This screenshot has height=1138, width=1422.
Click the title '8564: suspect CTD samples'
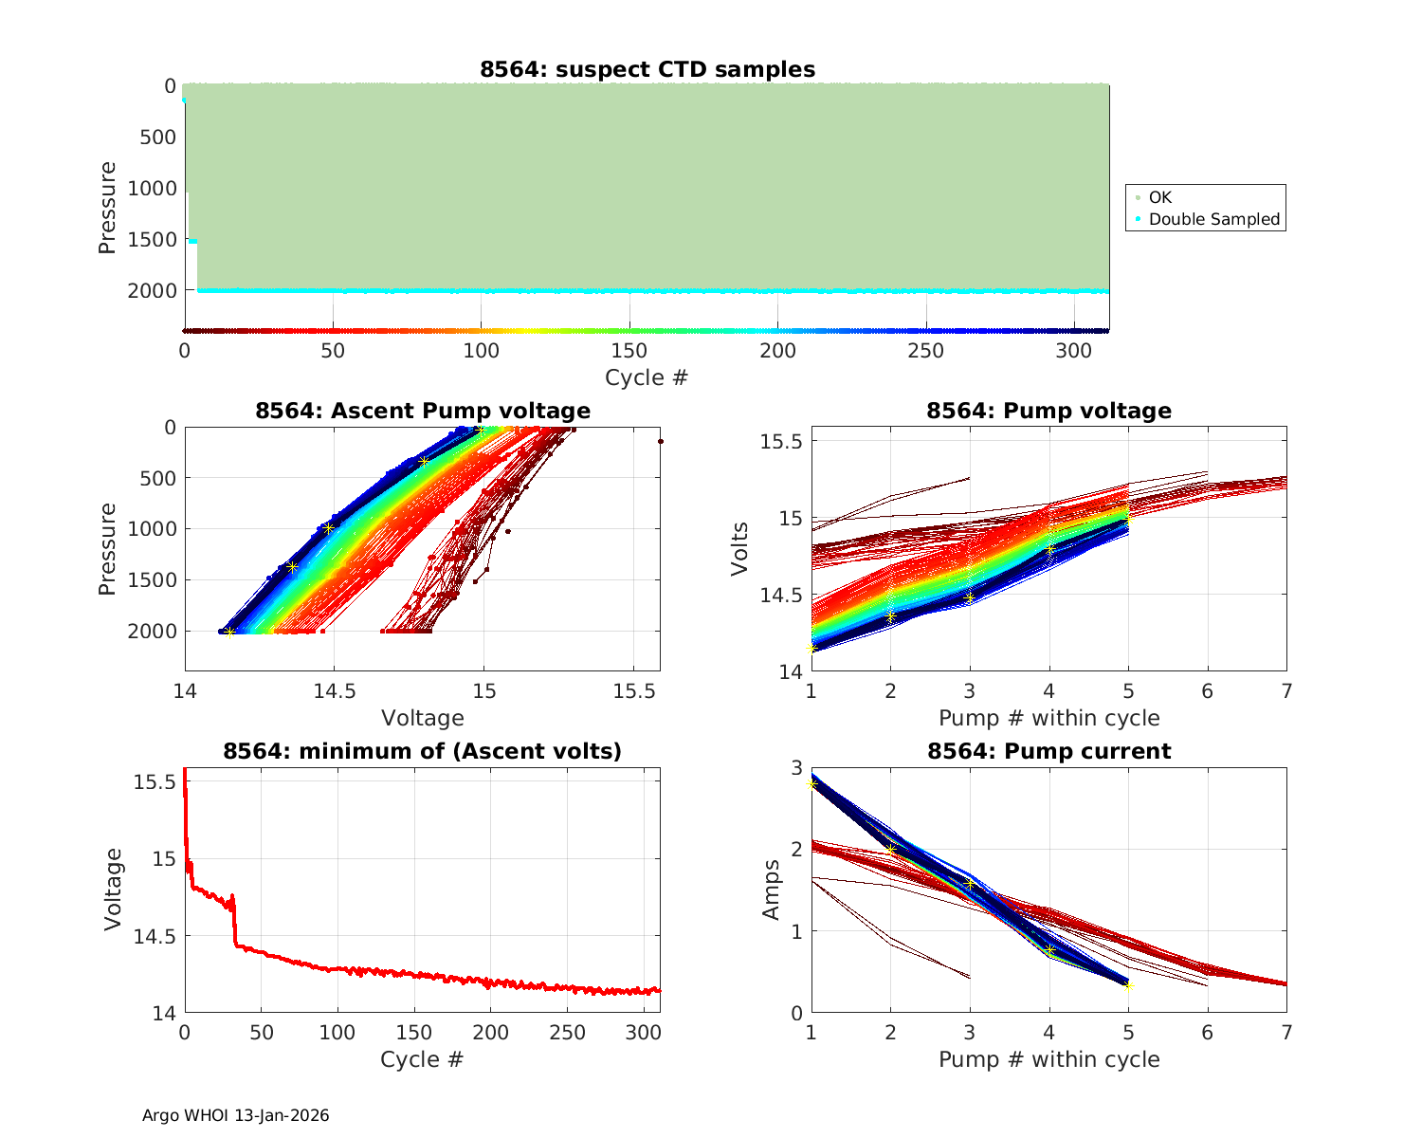pyautogui.click(x=647, y=69)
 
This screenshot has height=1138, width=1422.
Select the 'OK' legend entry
pyautogui.click(x=1159, y=197)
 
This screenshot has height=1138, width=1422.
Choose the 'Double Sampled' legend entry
pyautogui.click(x=1213, y=219)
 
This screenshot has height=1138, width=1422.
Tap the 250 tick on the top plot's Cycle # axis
pyautogui.click(x=926, y=351)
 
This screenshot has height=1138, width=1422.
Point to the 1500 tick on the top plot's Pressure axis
pyautogui.click(x=152, y=239)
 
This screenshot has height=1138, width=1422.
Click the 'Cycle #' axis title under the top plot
pyautogui.click(x=647, y=377)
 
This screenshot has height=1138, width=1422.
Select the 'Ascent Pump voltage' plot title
pyautogui.click(x=423, y=411)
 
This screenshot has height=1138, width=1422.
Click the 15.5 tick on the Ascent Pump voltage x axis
pyautogui.click(x=633, y=691)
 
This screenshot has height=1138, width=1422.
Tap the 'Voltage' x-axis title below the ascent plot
pyautogui.click(x=423, y=718)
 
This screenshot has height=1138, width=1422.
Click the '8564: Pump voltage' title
pyautogui.click(x=1048, y=411)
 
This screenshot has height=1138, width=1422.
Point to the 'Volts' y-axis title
pyautogui.click(x=741, y=549)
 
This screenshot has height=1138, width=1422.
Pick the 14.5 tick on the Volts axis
pyautogui.click(x=777, y=596)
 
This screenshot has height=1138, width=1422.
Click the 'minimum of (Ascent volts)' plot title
pyautogui.click(x=423, y=751)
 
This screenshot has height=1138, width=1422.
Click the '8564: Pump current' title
pyautogui.click(x=1048, y=751)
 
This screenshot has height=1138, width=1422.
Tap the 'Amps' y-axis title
pyautogui.click(x=772, y=890)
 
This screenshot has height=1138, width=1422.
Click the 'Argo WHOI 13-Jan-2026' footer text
pyautogui.click(x=236, y=1115)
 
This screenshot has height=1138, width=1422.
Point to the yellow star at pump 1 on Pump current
pyautogui.click(x=811, y=783)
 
